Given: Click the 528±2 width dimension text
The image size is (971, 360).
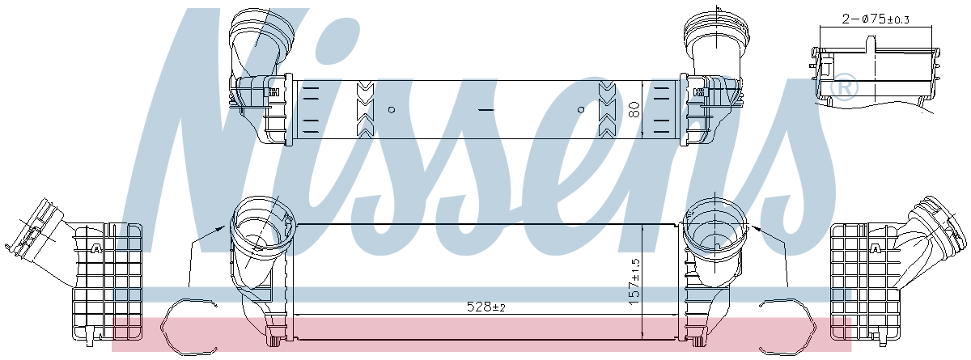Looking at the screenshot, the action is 486,307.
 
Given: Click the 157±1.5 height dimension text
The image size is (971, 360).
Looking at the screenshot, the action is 634,282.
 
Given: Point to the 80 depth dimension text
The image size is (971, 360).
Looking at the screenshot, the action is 634,109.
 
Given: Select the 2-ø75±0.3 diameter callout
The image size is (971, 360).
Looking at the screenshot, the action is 876,19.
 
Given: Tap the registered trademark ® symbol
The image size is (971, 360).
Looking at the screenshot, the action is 843,87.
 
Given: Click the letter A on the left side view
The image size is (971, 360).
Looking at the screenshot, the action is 95,248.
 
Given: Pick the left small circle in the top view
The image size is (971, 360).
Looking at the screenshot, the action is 392,109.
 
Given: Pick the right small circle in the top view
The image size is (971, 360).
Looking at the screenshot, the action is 581,109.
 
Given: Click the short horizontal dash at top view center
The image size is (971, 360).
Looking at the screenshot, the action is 486,110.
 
